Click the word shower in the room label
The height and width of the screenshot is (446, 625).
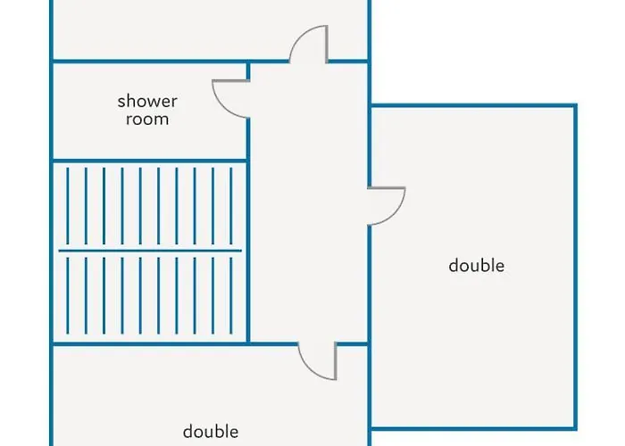147,101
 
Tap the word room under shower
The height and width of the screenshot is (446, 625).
147,119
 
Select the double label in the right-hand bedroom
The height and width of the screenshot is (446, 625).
476,265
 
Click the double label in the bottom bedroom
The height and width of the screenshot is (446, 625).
211,431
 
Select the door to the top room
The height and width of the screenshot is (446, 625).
300,37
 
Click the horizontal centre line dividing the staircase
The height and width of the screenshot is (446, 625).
150,251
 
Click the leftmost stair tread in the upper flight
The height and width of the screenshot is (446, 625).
68,206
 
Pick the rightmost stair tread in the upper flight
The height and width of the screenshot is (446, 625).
231,206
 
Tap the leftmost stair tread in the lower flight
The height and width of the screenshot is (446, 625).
68,295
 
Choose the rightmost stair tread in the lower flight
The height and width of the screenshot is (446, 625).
231,295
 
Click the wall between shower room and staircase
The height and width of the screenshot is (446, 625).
150,161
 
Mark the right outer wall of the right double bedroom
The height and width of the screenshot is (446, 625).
575,267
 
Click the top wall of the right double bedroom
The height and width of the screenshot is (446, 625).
473,106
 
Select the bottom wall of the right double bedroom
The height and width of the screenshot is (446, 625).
473,428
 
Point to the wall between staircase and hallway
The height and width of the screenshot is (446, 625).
248,251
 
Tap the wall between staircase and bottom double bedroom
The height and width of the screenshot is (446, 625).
150,343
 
